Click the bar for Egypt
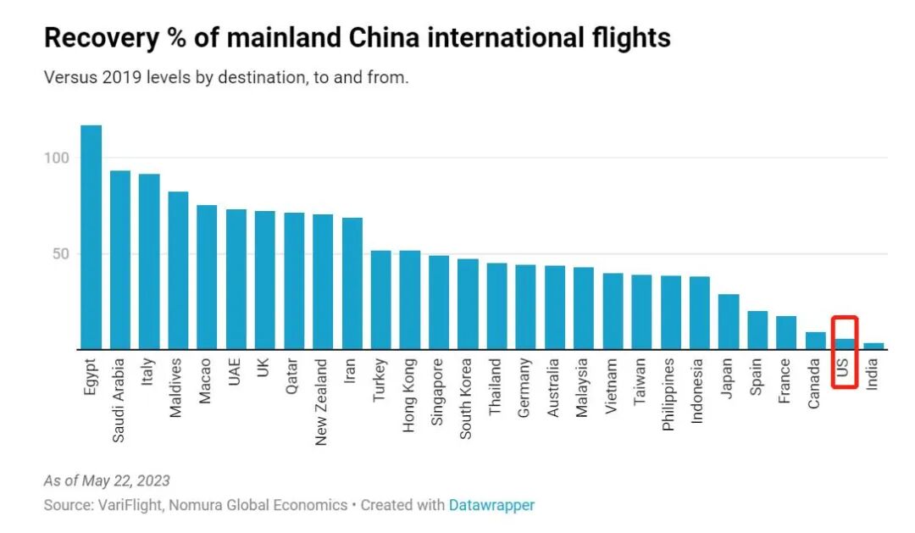click(x=91, y=237)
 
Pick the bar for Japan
click(x=729, y=322)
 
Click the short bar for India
click(x=873, y=346)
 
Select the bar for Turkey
click(x=381, y=300)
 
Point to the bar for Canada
click(x=815, y=341)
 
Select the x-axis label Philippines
click(x=669, y=394)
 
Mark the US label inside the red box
click(x=844, y=369)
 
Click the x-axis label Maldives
click(x=177, y=387)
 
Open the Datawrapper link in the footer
click(x=491, y=505)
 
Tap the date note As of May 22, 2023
click(x=107, y=480)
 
